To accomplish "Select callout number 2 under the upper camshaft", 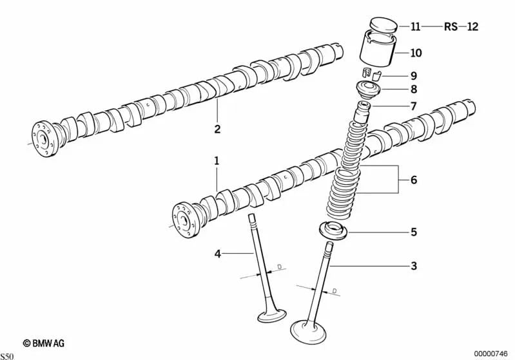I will (217, 129).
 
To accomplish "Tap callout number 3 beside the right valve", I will (414, 265).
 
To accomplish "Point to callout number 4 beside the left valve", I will (217, 254).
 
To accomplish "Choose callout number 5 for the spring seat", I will (414, 231).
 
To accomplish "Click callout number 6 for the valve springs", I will (414, 180).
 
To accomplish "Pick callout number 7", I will (414, 106).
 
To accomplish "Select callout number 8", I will (414, 90).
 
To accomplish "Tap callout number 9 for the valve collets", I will (414, 75).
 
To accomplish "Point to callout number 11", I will (415, 26).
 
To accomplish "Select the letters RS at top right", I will (451, 26).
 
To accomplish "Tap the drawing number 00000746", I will (491, 354).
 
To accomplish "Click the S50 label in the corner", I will (7, 355).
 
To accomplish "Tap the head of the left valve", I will (272, 316).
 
